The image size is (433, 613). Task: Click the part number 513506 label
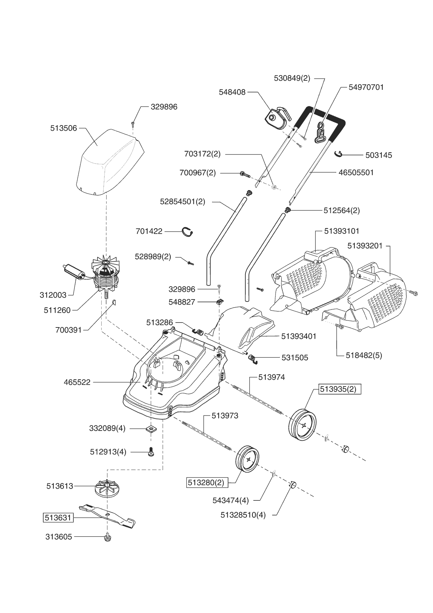click(64, 129)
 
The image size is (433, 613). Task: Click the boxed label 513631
click(58, 518)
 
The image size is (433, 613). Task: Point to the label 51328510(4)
click(243, 515)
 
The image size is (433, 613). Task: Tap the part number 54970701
click(366, 87)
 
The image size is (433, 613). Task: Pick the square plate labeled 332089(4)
click(151, 428)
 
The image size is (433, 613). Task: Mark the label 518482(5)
click(364, 355)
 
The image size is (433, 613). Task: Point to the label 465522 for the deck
click(77, 382)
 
